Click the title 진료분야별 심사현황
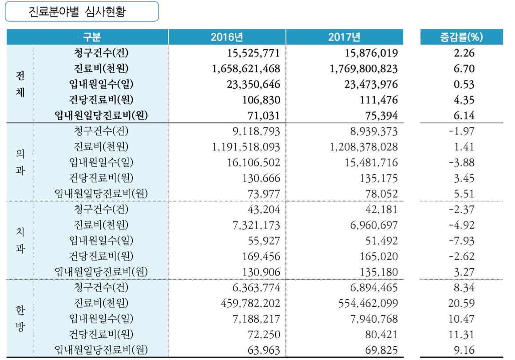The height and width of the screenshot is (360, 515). (81, 12)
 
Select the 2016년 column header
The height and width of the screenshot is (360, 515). (227, 37)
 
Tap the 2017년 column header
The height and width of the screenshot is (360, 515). (344, 37)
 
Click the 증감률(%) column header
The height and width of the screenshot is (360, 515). (461, 37)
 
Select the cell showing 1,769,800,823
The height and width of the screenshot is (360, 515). (364, 69)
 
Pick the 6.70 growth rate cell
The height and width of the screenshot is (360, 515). (464, 69)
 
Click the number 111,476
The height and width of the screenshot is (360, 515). (379, 100)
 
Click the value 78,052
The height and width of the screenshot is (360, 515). (382, 194)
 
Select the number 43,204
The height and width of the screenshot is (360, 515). (263, 209)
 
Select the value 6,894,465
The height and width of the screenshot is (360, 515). (373, 288)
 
